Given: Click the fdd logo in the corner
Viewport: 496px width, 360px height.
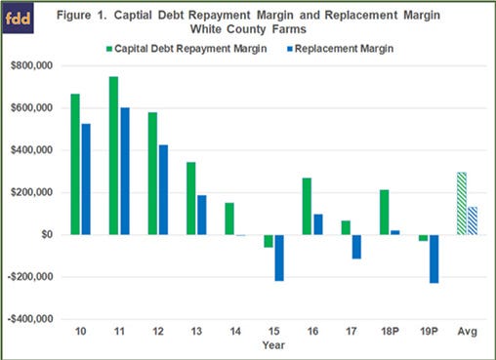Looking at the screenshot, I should [x=23, y=18].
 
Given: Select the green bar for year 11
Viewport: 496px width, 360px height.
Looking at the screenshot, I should [x=114, y=155].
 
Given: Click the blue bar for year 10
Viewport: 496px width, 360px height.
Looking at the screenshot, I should [x=86, y=179].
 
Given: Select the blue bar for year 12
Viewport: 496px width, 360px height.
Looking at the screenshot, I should [x=163, y=189].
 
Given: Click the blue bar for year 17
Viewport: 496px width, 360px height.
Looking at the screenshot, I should [x=357, y=246].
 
